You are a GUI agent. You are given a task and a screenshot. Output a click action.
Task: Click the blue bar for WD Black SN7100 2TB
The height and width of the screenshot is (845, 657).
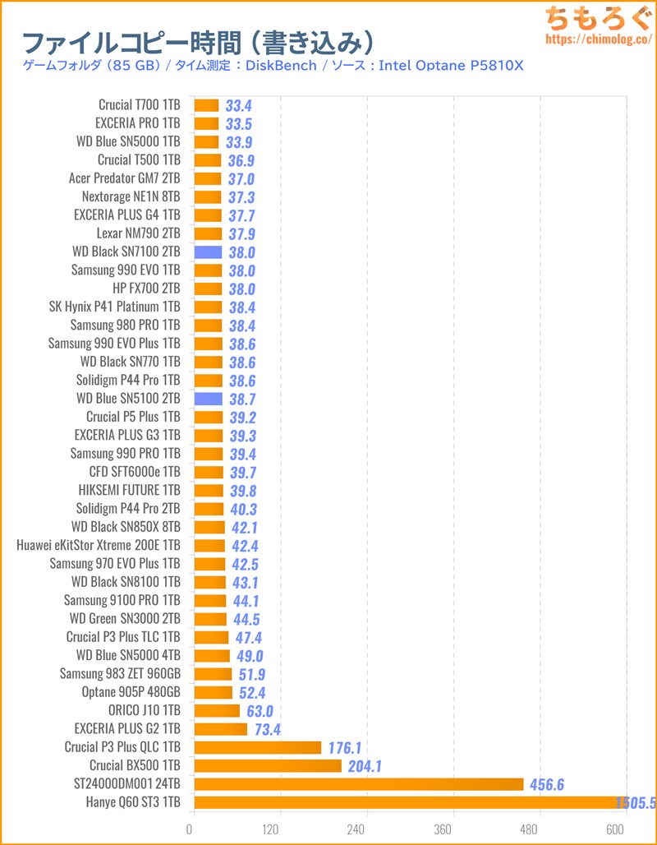[x=208, y=252]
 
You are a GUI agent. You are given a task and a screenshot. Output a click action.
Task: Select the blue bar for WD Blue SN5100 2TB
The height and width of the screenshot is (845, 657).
[x=208, y=399]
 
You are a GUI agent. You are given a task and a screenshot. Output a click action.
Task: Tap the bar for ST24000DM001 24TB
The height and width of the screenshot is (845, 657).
[x=358, y=784]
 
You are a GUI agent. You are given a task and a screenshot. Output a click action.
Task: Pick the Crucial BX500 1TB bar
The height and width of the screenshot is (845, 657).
[x=267, y=766]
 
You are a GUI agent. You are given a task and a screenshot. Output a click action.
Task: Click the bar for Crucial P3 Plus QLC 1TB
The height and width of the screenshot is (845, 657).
[x=257, y=747]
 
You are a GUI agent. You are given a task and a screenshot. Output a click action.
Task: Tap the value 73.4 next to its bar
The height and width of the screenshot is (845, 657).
[x=268, y=729]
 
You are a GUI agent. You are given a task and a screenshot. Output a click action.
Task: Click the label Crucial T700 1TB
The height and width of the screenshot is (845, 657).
[x=139, y=104]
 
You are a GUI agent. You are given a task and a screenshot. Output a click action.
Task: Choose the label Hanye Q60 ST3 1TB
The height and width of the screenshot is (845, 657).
[x=133, y=802]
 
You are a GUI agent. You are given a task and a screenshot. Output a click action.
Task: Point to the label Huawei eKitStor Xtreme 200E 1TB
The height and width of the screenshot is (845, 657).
[x=98, y=545]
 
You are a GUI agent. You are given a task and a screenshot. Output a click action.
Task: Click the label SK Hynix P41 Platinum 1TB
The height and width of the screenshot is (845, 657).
[x=114, y=307]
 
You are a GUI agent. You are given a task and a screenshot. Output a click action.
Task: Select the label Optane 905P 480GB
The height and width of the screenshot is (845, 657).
[x=131, y=692]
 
